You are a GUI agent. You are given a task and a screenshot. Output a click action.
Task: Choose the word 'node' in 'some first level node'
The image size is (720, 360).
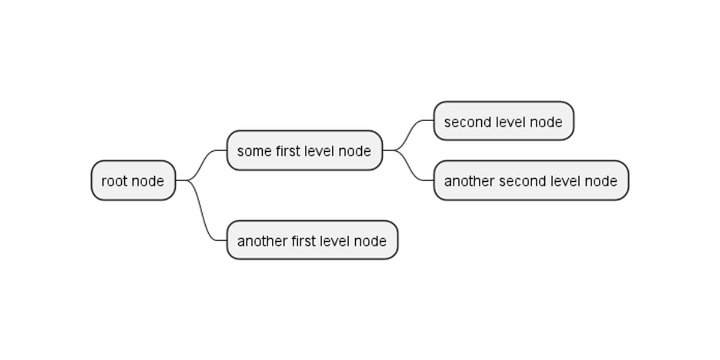355,151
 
